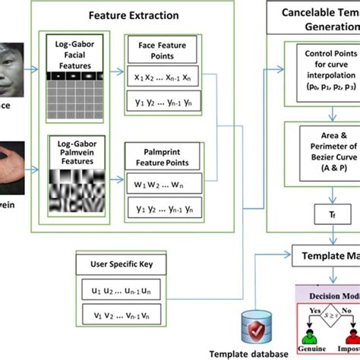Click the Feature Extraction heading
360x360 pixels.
point(133,14)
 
